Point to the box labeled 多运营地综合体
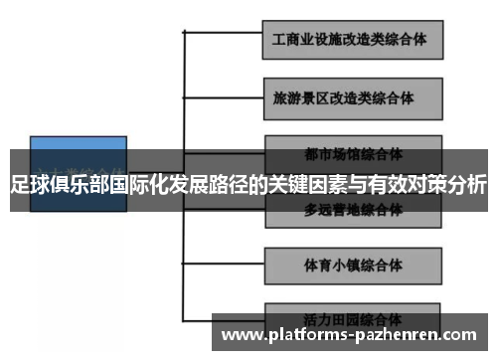click(353, 211)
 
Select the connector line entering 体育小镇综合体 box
click(224, 264)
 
